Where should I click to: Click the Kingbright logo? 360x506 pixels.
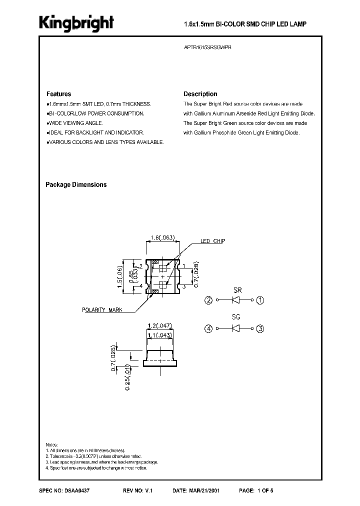click(x=76, y=23)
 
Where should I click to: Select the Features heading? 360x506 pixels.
click(x=58, y=94)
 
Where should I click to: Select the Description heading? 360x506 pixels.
click(x=200, y=94)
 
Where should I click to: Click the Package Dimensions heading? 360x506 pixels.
click(x=76, y=184)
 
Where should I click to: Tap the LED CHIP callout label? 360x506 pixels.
click(x=212, y=241)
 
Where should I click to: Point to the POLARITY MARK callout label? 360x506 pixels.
click(x=102, y=310)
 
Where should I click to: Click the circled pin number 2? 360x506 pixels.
click(x=208, y=300)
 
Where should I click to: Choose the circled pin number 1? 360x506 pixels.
click(x=260, y=300)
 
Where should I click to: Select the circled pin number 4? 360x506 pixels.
click(x=208, y=328)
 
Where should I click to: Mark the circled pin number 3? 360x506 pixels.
click(x=260, y=328)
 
